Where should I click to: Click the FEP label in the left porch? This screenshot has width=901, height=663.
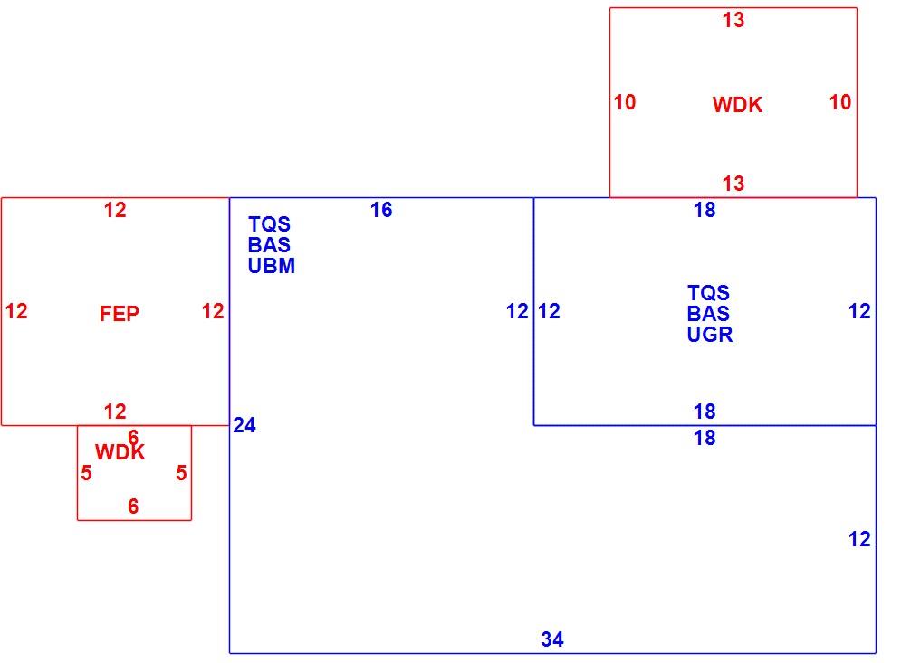tap(120, 314)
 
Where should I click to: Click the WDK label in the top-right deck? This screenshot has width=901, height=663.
tap(737, 105)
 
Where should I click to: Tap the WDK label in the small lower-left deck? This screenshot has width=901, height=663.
tap(120, 452)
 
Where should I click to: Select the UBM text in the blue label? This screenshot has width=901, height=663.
tap(272, 266)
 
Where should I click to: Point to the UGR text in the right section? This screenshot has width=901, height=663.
tap(710, 335)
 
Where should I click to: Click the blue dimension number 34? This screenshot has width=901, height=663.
tap(552, 639)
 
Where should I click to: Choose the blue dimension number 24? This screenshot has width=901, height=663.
tap(244, 425)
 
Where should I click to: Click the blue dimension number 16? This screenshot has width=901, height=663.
tap(381, 210)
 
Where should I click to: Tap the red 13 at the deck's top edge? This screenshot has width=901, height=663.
tap(733, 20)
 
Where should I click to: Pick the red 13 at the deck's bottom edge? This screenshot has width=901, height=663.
tap(733, 184)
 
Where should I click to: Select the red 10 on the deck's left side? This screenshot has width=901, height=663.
tap(625, 102)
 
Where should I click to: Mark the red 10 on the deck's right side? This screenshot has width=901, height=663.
tap(840, 102)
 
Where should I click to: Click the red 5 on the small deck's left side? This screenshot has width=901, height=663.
tap(86, 473)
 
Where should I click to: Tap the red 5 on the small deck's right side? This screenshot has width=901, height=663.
tap(181, 473)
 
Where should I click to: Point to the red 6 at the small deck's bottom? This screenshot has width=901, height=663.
tap(133, 507)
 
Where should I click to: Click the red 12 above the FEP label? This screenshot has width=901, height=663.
tap(115, 210)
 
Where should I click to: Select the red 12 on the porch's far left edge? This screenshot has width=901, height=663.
tap(16, 311)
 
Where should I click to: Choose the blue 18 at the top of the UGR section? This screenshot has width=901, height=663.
tap(705, 210)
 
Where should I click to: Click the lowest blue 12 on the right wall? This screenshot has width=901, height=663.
tap(859, 539)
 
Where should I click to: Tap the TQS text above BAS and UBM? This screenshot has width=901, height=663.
tap(269, 224)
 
